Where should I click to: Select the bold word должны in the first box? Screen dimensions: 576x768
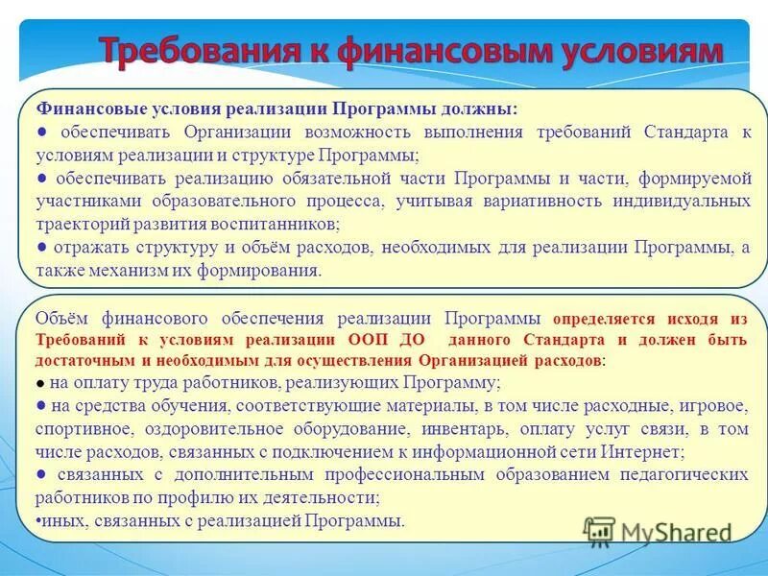point(480,108)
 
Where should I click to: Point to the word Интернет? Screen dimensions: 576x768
point(642,450)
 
